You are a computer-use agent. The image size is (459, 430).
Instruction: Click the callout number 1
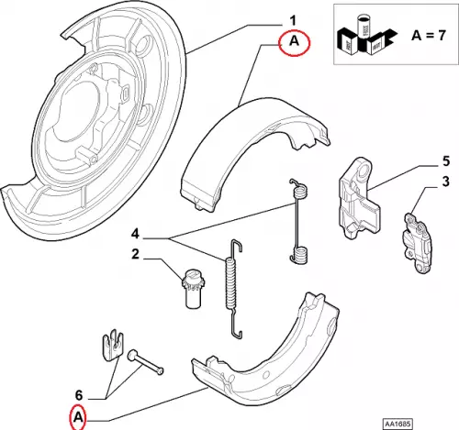(x=293, y=21)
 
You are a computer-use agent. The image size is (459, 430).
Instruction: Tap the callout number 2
(x=135, y=254)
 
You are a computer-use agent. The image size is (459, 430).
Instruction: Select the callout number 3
(x=446, y=182)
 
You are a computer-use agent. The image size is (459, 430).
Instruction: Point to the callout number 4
(x=135, y=235)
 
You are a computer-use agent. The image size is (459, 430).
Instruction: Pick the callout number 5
(x=446, y=161)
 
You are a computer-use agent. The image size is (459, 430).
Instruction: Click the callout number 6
(x=79, y=396)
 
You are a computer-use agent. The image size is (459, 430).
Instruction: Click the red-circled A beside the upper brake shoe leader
(x=295, y=41)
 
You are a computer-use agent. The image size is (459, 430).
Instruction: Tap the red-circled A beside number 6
(x=78, y=417)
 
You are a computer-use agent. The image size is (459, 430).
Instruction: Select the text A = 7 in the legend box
(x=428, y=36)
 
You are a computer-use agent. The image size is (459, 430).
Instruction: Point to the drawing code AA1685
(x=397, y=424)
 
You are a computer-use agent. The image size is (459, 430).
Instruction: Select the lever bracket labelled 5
(x=359, y=198)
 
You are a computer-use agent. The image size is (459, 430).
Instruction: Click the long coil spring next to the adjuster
(x=233, y=289)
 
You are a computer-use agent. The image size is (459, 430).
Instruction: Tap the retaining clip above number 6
(x=112, y=346)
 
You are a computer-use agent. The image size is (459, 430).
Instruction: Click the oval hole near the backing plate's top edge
(x=143, y=43)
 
